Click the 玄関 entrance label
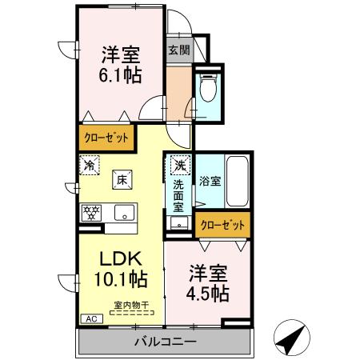pos(178,50)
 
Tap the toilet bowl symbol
pos(207,89)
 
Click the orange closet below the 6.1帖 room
pos(106,138)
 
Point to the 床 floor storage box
pos(121,179)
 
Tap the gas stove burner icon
pos(90,212)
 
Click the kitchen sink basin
pos(124,212)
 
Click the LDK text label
pos(120,260)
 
